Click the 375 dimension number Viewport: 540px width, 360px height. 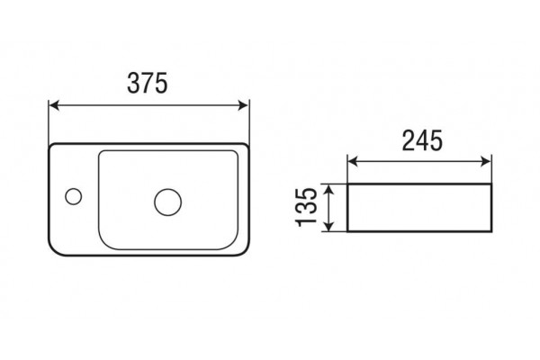(148, 83)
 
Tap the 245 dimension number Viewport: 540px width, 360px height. (422, 140)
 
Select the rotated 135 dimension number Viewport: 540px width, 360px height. (306, 207)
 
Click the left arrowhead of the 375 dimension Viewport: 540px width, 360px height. (54, 105)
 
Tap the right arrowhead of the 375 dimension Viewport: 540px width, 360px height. (243, 105)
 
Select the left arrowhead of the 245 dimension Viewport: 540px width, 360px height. (353, 161)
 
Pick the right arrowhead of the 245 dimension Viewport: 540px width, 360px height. (486, 161)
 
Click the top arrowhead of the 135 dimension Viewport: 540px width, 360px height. (329, 189)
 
